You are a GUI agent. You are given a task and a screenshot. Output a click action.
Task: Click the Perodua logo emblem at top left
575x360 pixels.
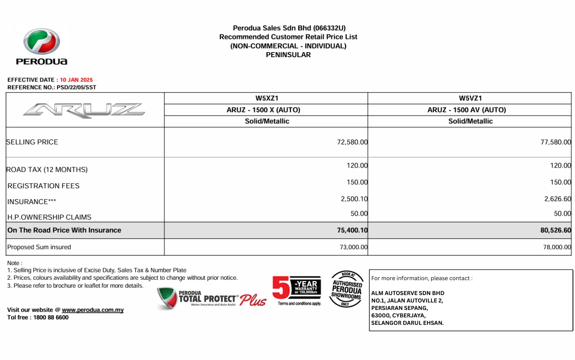(x=41, y=41)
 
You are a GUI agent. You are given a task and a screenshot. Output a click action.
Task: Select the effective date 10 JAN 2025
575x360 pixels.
(x=76, y=80)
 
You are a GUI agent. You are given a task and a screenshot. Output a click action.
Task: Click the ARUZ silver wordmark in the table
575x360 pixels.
(x=84, y=110)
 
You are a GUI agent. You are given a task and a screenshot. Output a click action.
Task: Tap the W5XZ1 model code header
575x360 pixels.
(x=266, y=98)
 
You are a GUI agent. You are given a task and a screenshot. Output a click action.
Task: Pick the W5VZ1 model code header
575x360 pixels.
(x=470, y=98)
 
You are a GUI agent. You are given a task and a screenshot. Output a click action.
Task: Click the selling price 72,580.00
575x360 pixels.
(x=352, y=142)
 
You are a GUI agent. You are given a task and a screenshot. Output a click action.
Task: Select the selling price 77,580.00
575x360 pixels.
(x=556, y=142)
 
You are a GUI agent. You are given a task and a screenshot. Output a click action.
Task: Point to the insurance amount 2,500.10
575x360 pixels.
(x=354, y=199)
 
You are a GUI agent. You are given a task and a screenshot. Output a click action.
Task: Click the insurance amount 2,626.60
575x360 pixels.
(x=558, y=199)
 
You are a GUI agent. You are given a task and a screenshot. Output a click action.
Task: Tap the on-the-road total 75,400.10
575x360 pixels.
(x=352, y=230)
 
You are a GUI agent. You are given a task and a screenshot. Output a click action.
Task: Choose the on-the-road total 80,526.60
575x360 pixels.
(x=556, y=230)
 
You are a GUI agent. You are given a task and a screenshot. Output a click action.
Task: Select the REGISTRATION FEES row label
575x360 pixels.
(x=43, y=186)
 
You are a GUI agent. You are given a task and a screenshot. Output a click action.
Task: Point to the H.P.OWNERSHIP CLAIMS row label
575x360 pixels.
(x=49, y=217)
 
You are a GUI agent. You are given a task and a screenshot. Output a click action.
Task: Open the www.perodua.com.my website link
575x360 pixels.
(x=93, y=310)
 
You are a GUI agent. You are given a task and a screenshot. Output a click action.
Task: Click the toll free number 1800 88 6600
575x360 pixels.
(x=51, y=318)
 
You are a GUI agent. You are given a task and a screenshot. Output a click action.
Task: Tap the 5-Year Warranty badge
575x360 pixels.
(x=297, y=290)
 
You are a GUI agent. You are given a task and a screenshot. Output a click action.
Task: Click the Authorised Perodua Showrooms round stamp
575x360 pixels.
(x=347, y=289)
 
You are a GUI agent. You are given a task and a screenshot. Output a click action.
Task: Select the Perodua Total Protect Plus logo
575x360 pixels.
(x=211, y=298)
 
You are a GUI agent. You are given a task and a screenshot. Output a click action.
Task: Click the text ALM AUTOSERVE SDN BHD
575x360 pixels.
(x=407, y=293)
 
